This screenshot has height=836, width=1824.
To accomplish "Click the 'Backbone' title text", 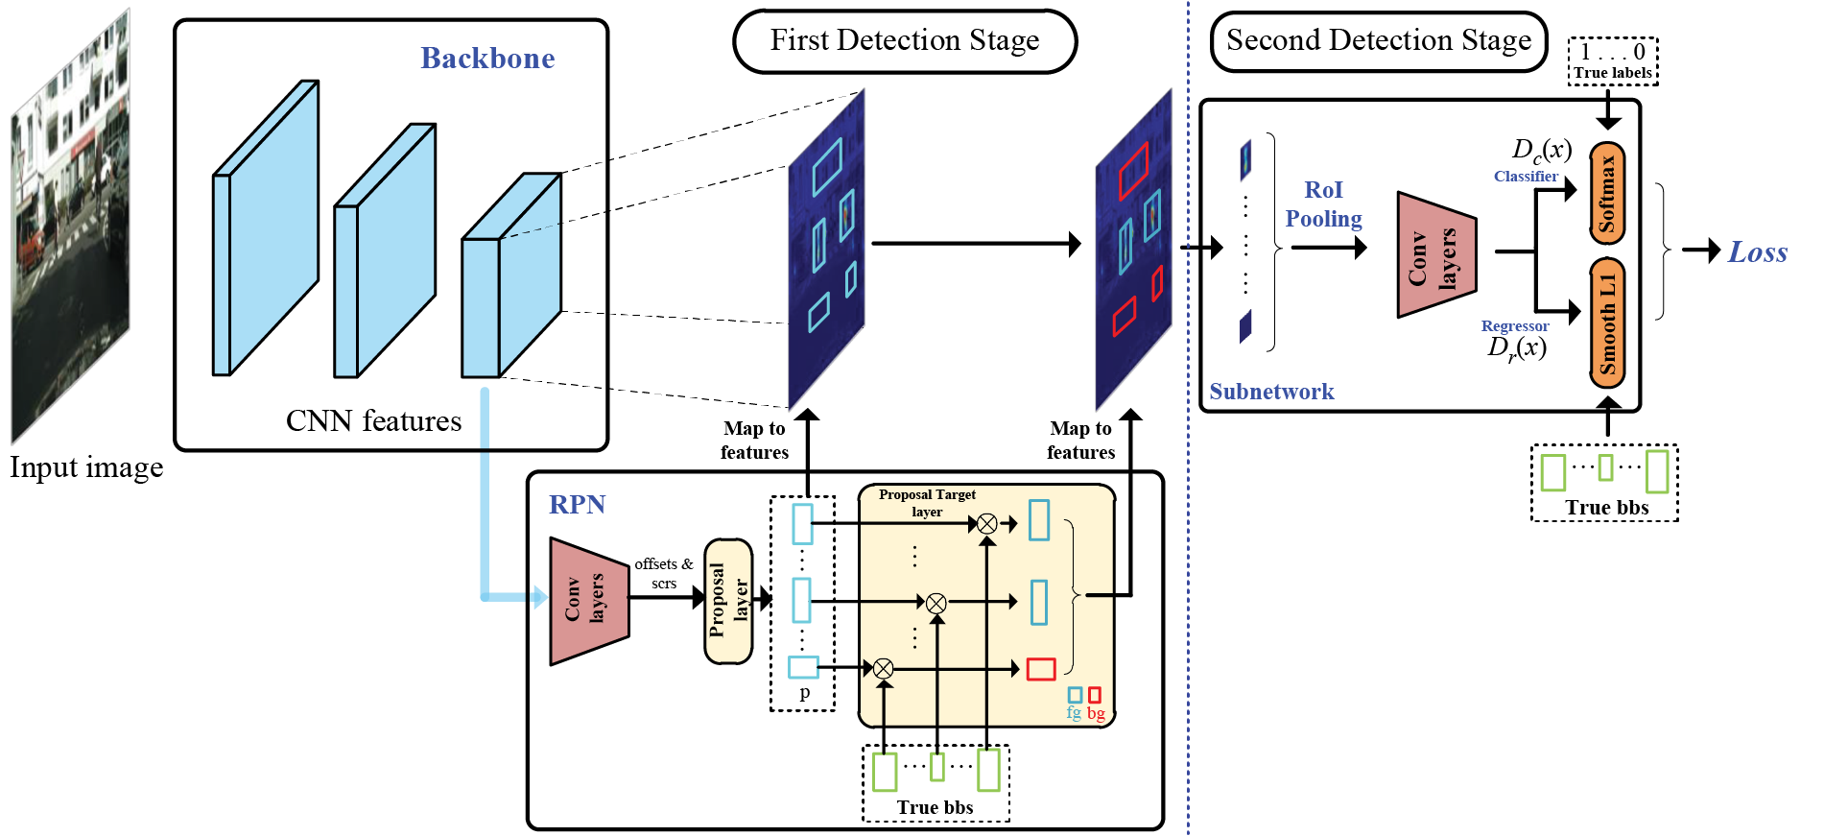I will pos(487,59).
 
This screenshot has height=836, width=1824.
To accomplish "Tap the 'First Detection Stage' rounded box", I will pos(905,41).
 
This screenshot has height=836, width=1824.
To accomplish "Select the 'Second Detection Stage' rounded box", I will pos(1378,41).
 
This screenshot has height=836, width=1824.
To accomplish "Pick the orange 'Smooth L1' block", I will pos(1607,323).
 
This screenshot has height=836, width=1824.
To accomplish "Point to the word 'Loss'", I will pos(1758,252).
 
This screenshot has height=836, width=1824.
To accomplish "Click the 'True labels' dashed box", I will pos(1613,61).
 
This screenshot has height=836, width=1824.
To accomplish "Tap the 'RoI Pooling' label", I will pos(1323,204).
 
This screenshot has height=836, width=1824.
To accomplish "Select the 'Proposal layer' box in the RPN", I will pos(728,601).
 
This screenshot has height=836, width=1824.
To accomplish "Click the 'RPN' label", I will pos(577,505).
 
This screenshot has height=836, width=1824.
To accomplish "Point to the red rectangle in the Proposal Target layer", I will pos(1041,669).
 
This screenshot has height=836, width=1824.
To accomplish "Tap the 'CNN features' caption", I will pos(373,421).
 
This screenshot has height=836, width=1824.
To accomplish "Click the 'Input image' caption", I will pos(86,467).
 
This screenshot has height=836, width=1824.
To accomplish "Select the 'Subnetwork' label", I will pos(1271,392).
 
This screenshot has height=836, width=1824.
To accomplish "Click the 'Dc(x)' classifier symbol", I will pos(1542,150).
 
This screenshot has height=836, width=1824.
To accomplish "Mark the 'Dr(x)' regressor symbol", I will pos(1517,348).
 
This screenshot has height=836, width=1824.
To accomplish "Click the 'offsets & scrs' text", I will pos(663,573).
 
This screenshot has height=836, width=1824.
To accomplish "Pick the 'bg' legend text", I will pos(1096,713).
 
